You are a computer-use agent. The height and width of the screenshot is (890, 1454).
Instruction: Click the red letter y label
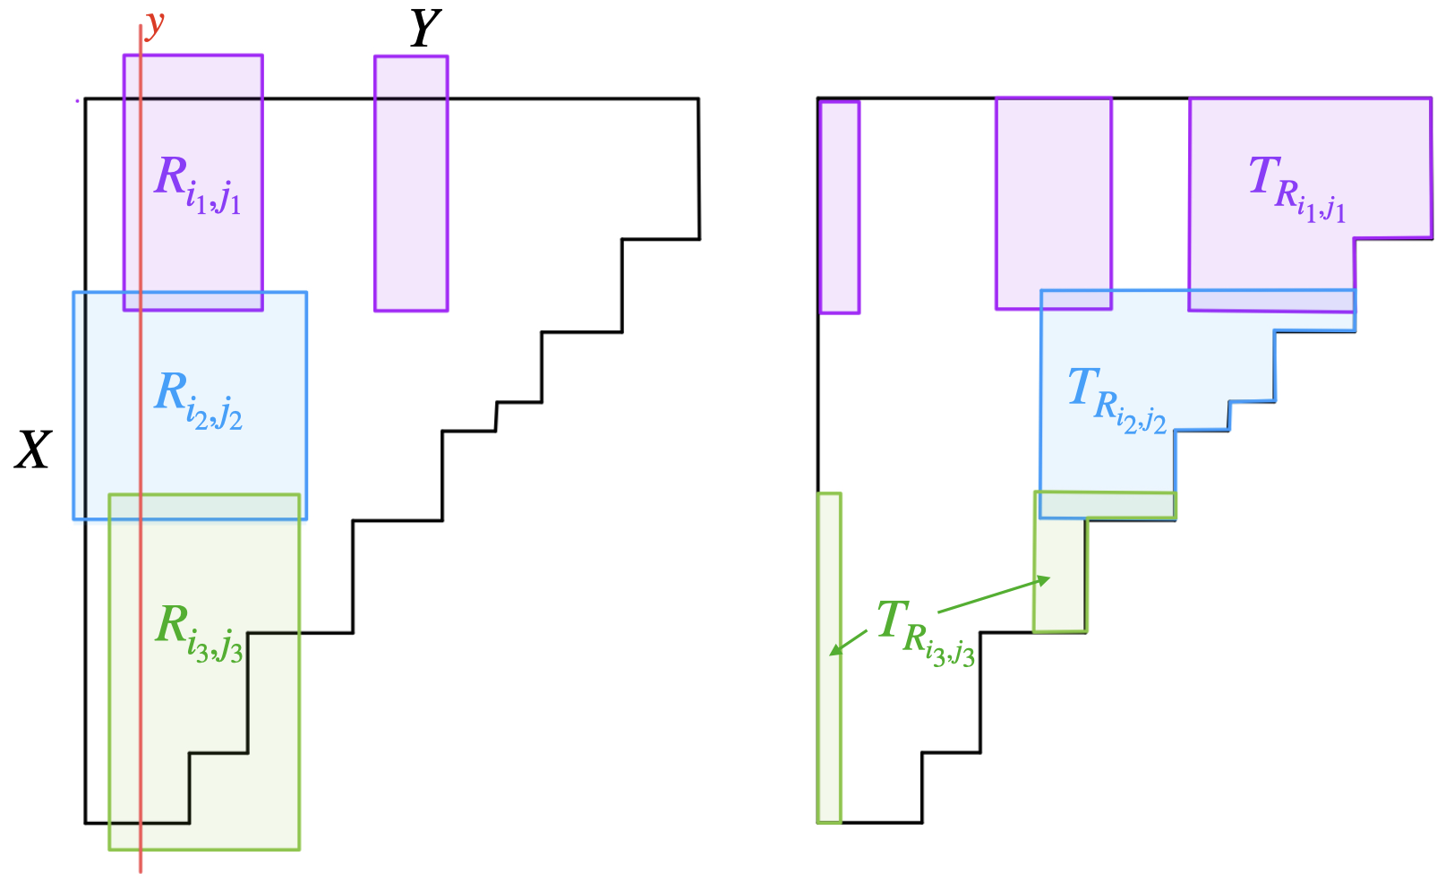156,25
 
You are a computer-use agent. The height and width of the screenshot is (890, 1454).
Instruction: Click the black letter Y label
425,29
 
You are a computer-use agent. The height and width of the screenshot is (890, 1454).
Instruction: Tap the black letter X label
33,450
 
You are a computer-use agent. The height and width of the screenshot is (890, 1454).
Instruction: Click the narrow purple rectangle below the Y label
411,184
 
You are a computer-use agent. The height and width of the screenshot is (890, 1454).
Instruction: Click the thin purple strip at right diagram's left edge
840,207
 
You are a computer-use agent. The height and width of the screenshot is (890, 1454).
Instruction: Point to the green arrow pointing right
994,595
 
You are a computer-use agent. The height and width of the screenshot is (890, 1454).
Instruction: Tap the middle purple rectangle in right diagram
1054,203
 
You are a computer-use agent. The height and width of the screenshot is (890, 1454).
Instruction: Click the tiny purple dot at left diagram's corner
77,101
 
